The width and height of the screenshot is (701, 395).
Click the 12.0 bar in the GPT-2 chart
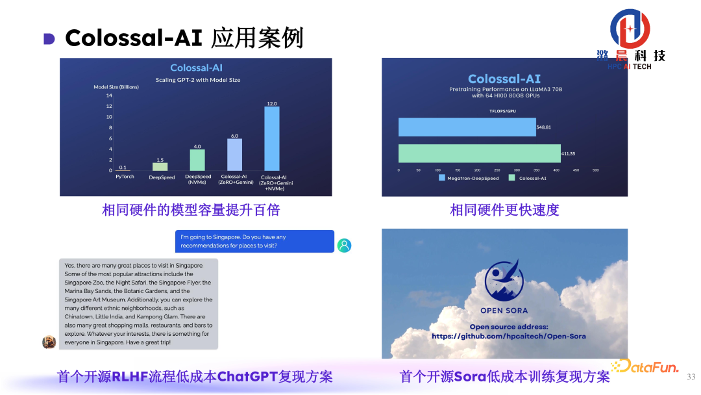pyautogui.click(x=271, y=138)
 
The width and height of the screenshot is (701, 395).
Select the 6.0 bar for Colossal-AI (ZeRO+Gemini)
pyautogui.click(x=234, y=155)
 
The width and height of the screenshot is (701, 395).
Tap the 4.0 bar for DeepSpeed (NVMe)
pyautogui.click(x=197, y=160)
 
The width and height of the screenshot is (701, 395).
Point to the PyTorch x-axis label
pyautogui.click(x=125, y=176)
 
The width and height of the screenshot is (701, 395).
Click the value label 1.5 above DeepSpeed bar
pyautogui.click(x=160, y=159)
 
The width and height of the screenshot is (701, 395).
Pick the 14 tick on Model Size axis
pyautogui.click(x=109, y=96)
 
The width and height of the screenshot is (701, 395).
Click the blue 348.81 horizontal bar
pyautogui.click(x=467, y=127)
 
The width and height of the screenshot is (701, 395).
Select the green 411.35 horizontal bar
pyautogui.click(x=479, y=153)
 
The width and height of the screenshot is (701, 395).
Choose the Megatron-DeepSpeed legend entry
pyautogui.click(x=471, y=177)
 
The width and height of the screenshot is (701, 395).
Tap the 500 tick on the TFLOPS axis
pyautogui.click(x=595, y=170)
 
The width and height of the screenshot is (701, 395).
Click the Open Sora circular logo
pyautogui.click(x=504, y=280)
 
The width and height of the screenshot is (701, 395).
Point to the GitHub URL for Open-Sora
pyautogui.click(x=508, y=336)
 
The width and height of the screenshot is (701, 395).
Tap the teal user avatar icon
pyautogui.click(x=344, y=245)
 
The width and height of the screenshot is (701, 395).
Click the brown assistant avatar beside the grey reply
pyautogui.click(x=49, y=342)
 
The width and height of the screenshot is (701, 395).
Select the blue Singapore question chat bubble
pyautogui.click(x=254, y=241)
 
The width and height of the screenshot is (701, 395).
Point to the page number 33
pyautogui.click(x=691, y=377)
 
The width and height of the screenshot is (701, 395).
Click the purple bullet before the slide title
pyautogui.click(x=49, y=39)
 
